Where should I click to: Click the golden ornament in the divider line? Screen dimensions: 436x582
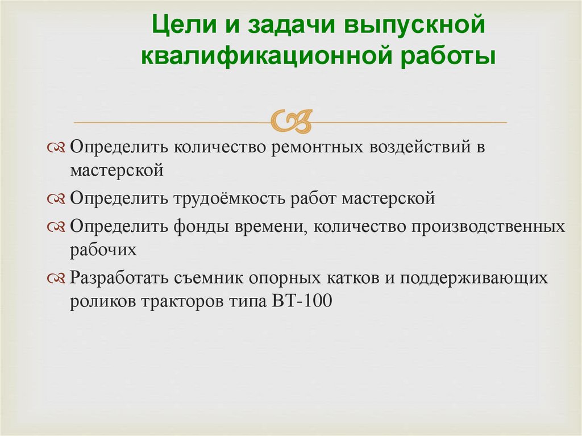pos(292,120)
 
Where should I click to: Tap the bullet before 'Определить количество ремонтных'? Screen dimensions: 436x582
pos(58,148)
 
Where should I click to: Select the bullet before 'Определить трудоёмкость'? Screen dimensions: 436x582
pos(58,199)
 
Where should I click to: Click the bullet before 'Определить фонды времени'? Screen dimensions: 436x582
pos(58,227)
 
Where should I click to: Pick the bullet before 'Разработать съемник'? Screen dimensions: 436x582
pos(58,279)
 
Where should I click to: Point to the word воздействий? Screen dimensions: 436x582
pos(419,148)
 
